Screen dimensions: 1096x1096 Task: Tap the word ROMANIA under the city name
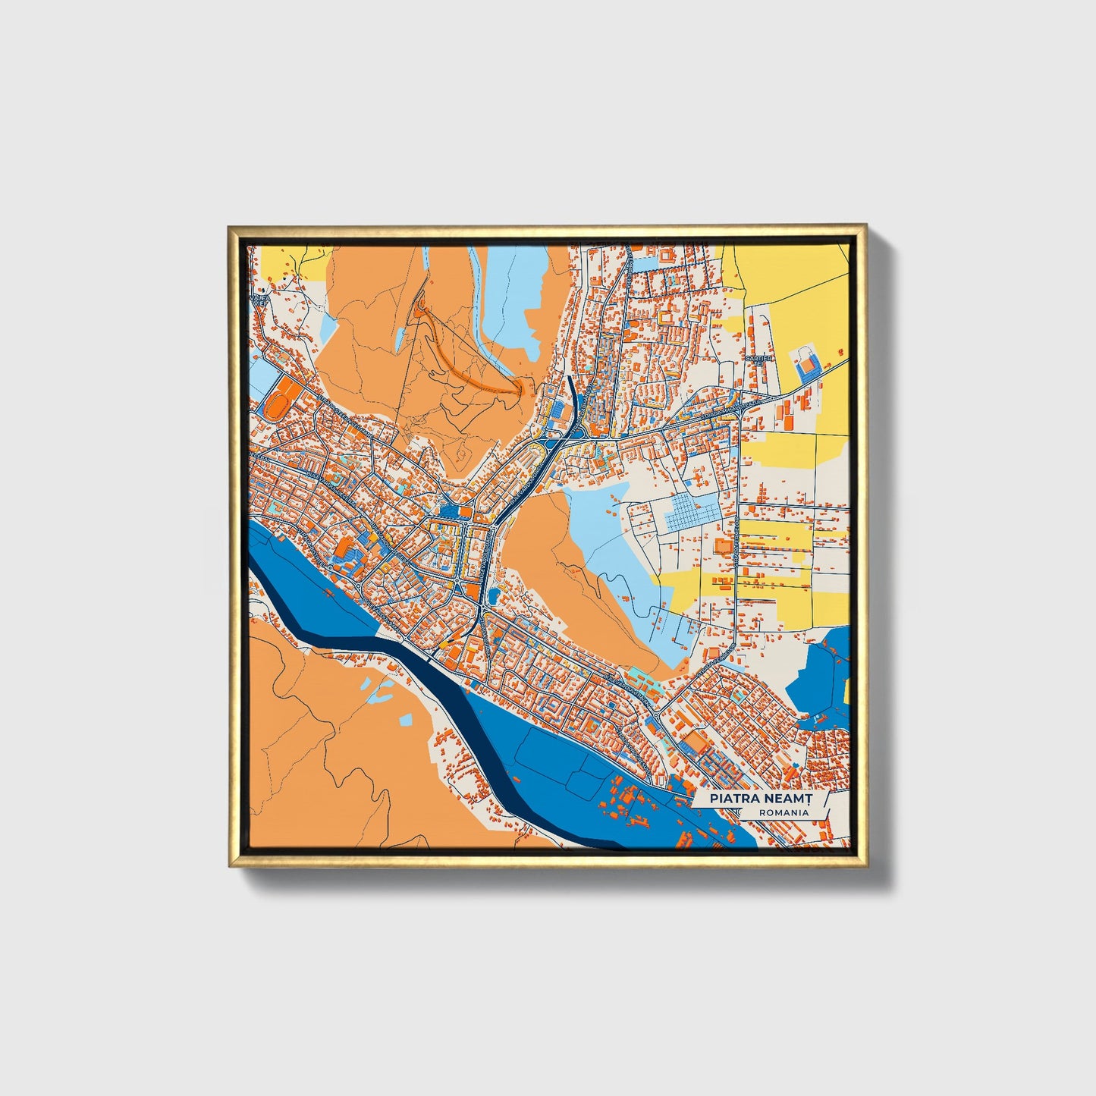coord(783,812)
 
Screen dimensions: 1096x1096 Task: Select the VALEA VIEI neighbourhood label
coord(261,301)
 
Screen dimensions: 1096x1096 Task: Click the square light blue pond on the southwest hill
coord(405,718)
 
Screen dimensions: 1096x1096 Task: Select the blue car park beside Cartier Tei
coord(806,365)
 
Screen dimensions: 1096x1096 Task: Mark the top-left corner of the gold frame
coord(229,227)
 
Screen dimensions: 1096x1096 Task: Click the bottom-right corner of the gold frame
coord(865,865)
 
